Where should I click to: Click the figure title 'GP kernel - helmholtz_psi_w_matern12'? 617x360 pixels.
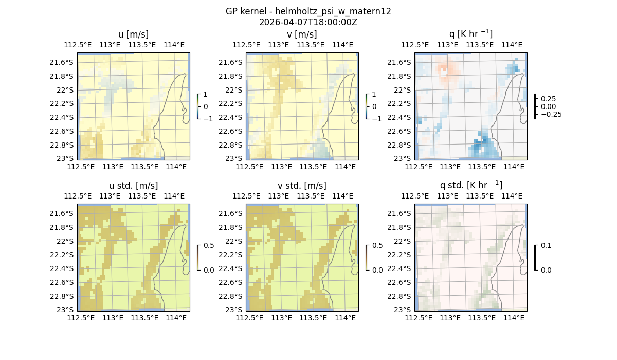pyautogui.click(x=308, y=11)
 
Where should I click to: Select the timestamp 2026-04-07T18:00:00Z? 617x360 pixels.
pyautogui.click(x=308, y=22)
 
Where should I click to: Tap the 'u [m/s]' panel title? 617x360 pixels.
pyautogui.click(x=133, y=34)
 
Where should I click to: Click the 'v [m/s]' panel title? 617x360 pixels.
pyautogui.click(x=302, y=34)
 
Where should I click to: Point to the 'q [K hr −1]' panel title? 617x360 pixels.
pyautogui.click(x=470, y=34)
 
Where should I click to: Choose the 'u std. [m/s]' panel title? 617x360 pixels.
pyautogui.click(x=133, y=186)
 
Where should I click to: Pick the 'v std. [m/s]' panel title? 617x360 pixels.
pyautogui.click(x=302, y=186)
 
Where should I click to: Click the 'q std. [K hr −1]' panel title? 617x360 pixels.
pyautogui.click(x=470, y=186)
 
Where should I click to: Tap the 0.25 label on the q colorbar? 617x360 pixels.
pyautogui.click(x=548, y=99)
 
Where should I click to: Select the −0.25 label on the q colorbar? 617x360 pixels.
pyautogui.click(x=551, y=114)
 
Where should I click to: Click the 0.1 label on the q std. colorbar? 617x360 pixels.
pyautogui.click(x=546, y=246)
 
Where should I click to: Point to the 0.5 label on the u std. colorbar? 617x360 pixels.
pyautogui.click(x=209, y=246)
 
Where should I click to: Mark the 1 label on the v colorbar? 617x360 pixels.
pyautogui.click(x=374, y=95)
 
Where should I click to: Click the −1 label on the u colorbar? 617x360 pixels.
pyautogui.click(x=208, y=119)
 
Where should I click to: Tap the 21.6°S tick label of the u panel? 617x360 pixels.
pyautogui.click(x=64, y=62)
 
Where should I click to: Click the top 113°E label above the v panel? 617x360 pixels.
pyautogui.click(x=278, y=45)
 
